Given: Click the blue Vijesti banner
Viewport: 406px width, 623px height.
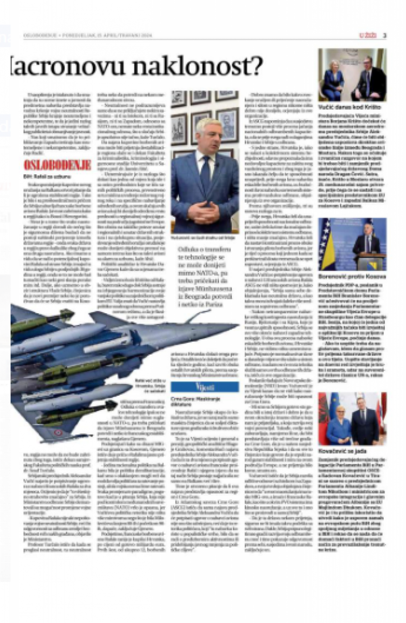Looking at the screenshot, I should click(205, 386).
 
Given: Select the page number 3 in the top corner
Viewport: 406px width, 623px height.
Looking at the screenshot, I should click(385, 35).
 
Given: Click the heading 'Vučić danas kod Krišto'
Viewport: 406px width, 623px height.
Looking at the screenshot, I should click(350, 107).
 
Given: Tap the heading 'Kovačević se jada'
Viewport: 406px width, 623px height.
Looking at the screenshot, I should click(343, 451).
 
